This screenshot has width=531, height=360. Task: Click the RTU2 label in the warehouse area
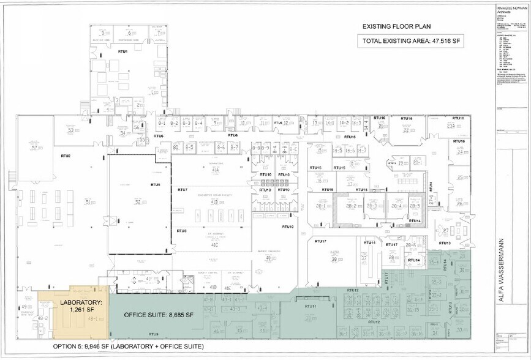coord(65,156)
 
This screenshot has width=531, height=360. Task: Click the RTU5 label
coord(155,184)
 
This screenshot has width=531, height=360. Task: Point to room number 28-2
coord(351,207)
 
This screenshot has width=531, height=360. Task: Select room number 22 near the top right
coord(405,130)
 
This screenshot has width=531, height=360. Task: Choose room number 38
coord(334,260)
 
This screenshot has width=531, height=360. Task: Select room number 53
coord(70,130)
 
